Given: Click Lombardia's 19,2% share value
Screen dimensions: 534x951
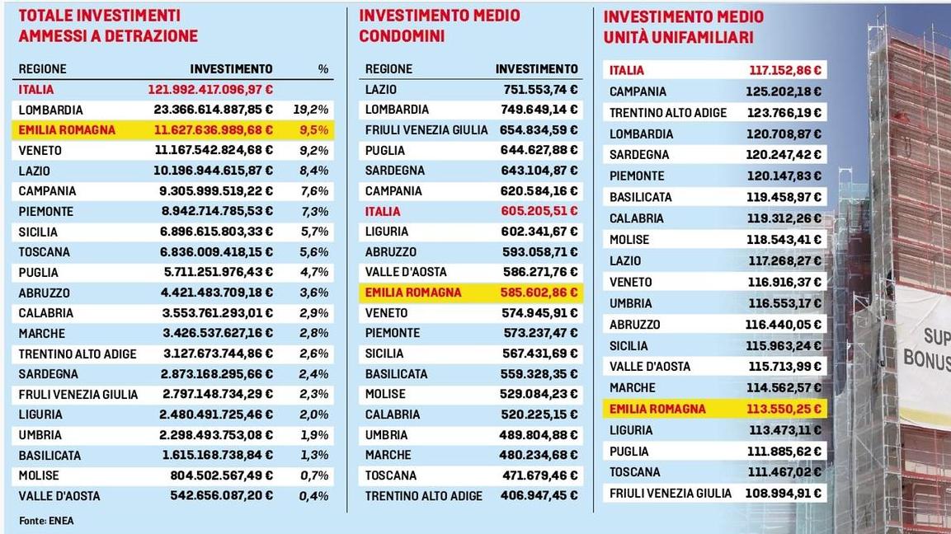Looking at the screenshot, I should click(311, 110).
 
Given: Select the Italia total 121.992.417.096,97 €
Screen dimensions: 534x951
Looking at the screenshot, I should click(211, 90).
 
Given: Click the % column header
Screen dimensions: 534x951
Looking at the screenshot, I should click(322, 69).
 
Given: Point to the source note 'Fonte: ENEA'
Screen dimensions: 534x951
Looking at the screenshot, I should click(45, 520).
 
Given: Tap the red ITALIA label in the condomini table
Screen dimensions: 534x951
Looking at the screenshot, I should click(383, 212).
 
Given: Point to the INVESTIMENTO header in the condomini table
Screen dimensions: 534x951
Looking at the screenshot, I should click(537, 69).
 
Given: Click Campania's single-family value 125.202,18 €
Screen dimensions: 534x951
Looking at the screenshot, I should click(785, 91).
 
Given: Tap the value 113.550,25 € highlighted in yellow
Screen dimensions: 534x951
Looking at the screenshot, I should click(785, 409).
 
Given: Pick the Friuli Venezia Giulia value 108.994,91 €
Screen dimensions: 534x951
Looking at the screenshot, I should click(785, 493).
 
